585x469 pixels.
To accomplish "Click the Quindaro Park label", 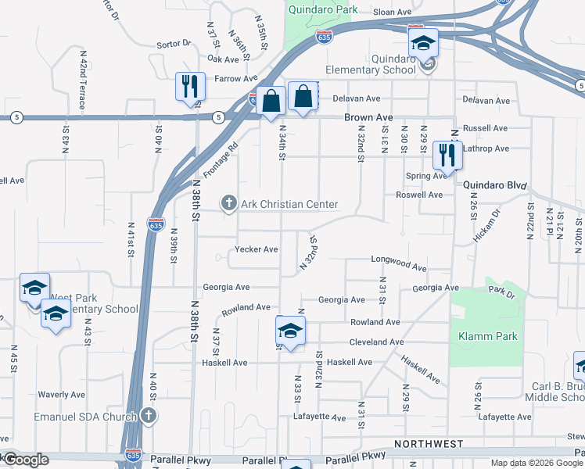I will point(323,10).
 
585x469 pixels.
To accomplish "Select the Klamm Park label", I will point(488,336).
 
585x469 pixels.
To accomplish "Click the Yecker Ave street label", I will point(257,250).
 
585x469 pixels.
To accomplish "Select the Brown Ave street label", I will point(368,117).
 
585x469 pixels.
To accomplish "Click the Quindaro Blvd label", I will point(493,185).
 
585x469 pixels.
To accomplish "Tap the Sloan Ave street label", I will point(392,13).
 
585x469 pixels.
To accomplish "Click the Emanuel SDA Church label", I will point(85,417).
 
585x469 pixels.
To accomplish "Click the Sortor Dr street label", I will point(174,45).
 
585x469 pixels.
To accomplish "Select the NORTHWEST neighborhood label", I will point(429,443).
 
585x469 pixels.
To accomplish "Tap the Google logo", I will point(25,460).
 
